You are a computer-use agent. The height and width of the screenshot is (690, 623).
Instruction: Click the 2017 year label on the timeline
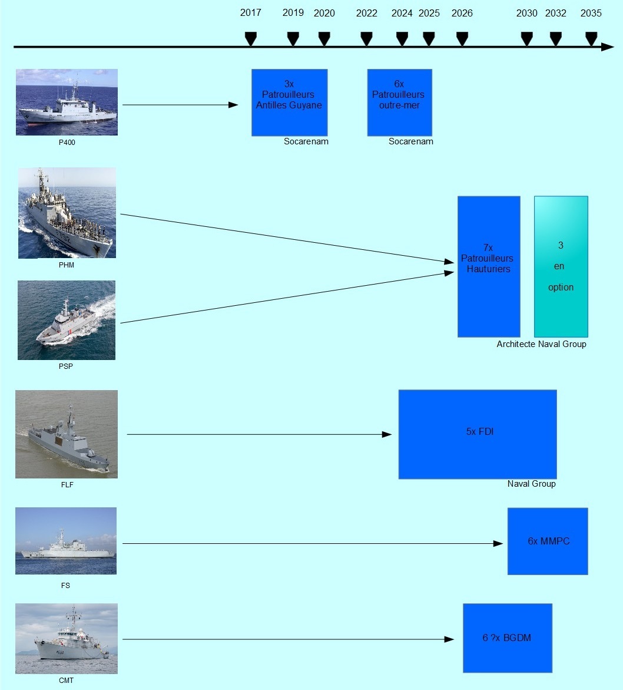251,13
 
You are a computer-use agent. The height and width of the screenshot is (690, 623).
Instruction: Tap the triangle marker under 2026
462,39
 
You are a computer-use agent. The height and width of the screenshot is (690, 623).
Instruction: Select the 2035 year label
591,13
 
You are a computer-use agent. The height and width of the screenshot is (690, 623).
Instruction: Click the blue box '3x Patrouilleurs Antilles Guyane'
289,103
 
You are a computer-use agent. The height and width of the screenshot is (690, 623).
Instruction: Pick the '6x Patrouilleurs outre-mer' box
400,103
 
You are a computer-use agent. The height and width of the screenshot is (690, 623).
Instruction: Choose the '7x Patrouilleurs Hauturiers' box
489,267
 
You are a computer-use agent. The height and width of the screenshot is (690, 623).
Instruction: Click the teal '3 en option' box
561,267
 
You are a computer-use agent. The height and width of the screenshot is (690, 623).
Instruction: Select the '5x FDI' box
478,434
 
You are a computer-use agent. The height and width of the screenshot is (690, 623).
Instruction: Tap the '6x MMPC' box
548,542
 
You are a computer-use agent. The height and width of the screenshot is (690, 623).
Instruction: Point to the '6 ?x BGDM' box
508,638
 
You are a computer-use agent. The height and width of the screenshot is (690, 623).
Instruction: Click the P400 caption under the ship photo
67,142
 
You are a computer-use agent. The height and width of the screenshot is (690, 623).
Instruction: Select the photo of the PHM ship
67,213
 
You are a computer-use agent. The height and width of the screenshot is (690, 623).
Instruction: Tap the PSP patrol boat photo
67,320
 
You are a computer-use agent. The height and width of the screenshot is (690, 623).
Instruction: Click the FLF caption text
67,484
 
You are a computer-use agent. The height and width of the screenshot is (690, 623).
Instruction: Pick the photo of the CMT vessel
67,639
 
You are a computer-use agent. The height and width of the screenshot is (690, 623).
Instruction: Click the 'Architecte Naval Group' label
541,344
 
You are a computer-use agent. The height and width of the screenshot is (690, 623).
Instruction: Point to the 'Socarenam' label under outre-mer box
410,141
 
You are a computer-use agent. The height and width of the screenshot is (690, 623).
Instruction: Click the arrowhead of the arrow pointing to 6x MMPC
498,543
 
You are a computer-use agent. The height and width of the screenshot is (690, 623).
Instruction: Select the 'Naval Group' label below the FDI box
531,484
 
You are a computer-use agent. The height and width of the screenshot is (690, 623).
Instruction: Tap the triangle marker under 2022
366,39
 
